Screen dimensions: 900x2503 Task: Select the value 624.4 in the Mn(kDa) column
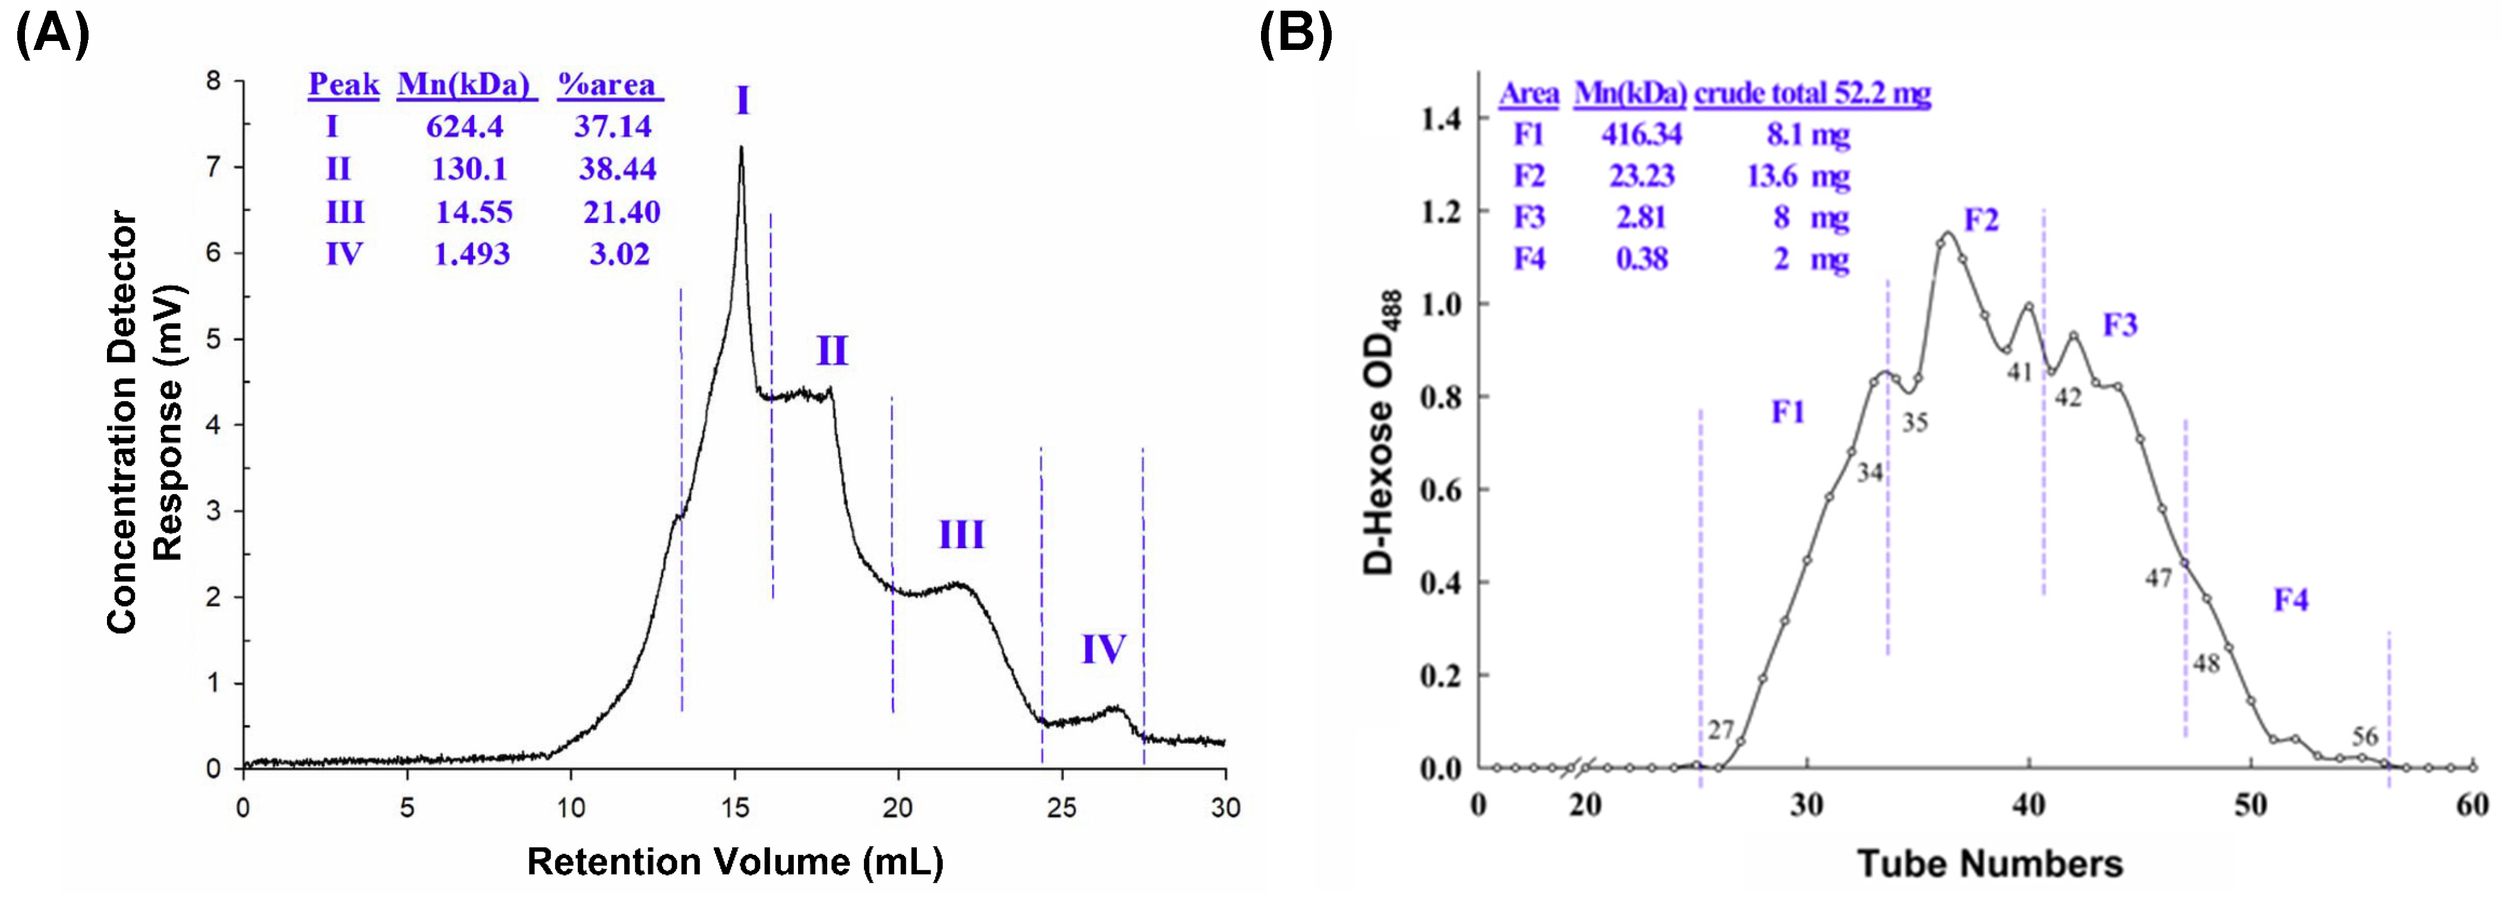coord(465,127)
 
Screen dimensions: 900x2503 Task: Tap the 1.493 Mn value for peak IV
coord(471,254)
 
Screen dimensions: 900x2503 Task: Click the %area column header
coord(609,86)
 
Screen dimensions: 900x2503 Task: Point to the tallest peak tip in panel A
coord(742,149)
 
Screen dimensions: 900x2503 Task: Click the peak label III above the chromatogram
coord(961,534)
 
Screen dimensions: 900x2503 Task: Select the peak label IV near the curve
coord(1103,649)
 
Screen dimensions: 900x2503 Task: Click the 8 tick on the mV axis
coord(214,81)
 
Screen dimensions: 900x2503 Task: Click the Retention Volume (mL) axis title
coord(734,862)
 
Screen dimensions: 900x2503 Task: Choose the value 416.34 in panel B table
coord(1641,134)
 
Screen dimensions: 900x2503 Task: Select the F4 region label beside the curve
coord(2290,600)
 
